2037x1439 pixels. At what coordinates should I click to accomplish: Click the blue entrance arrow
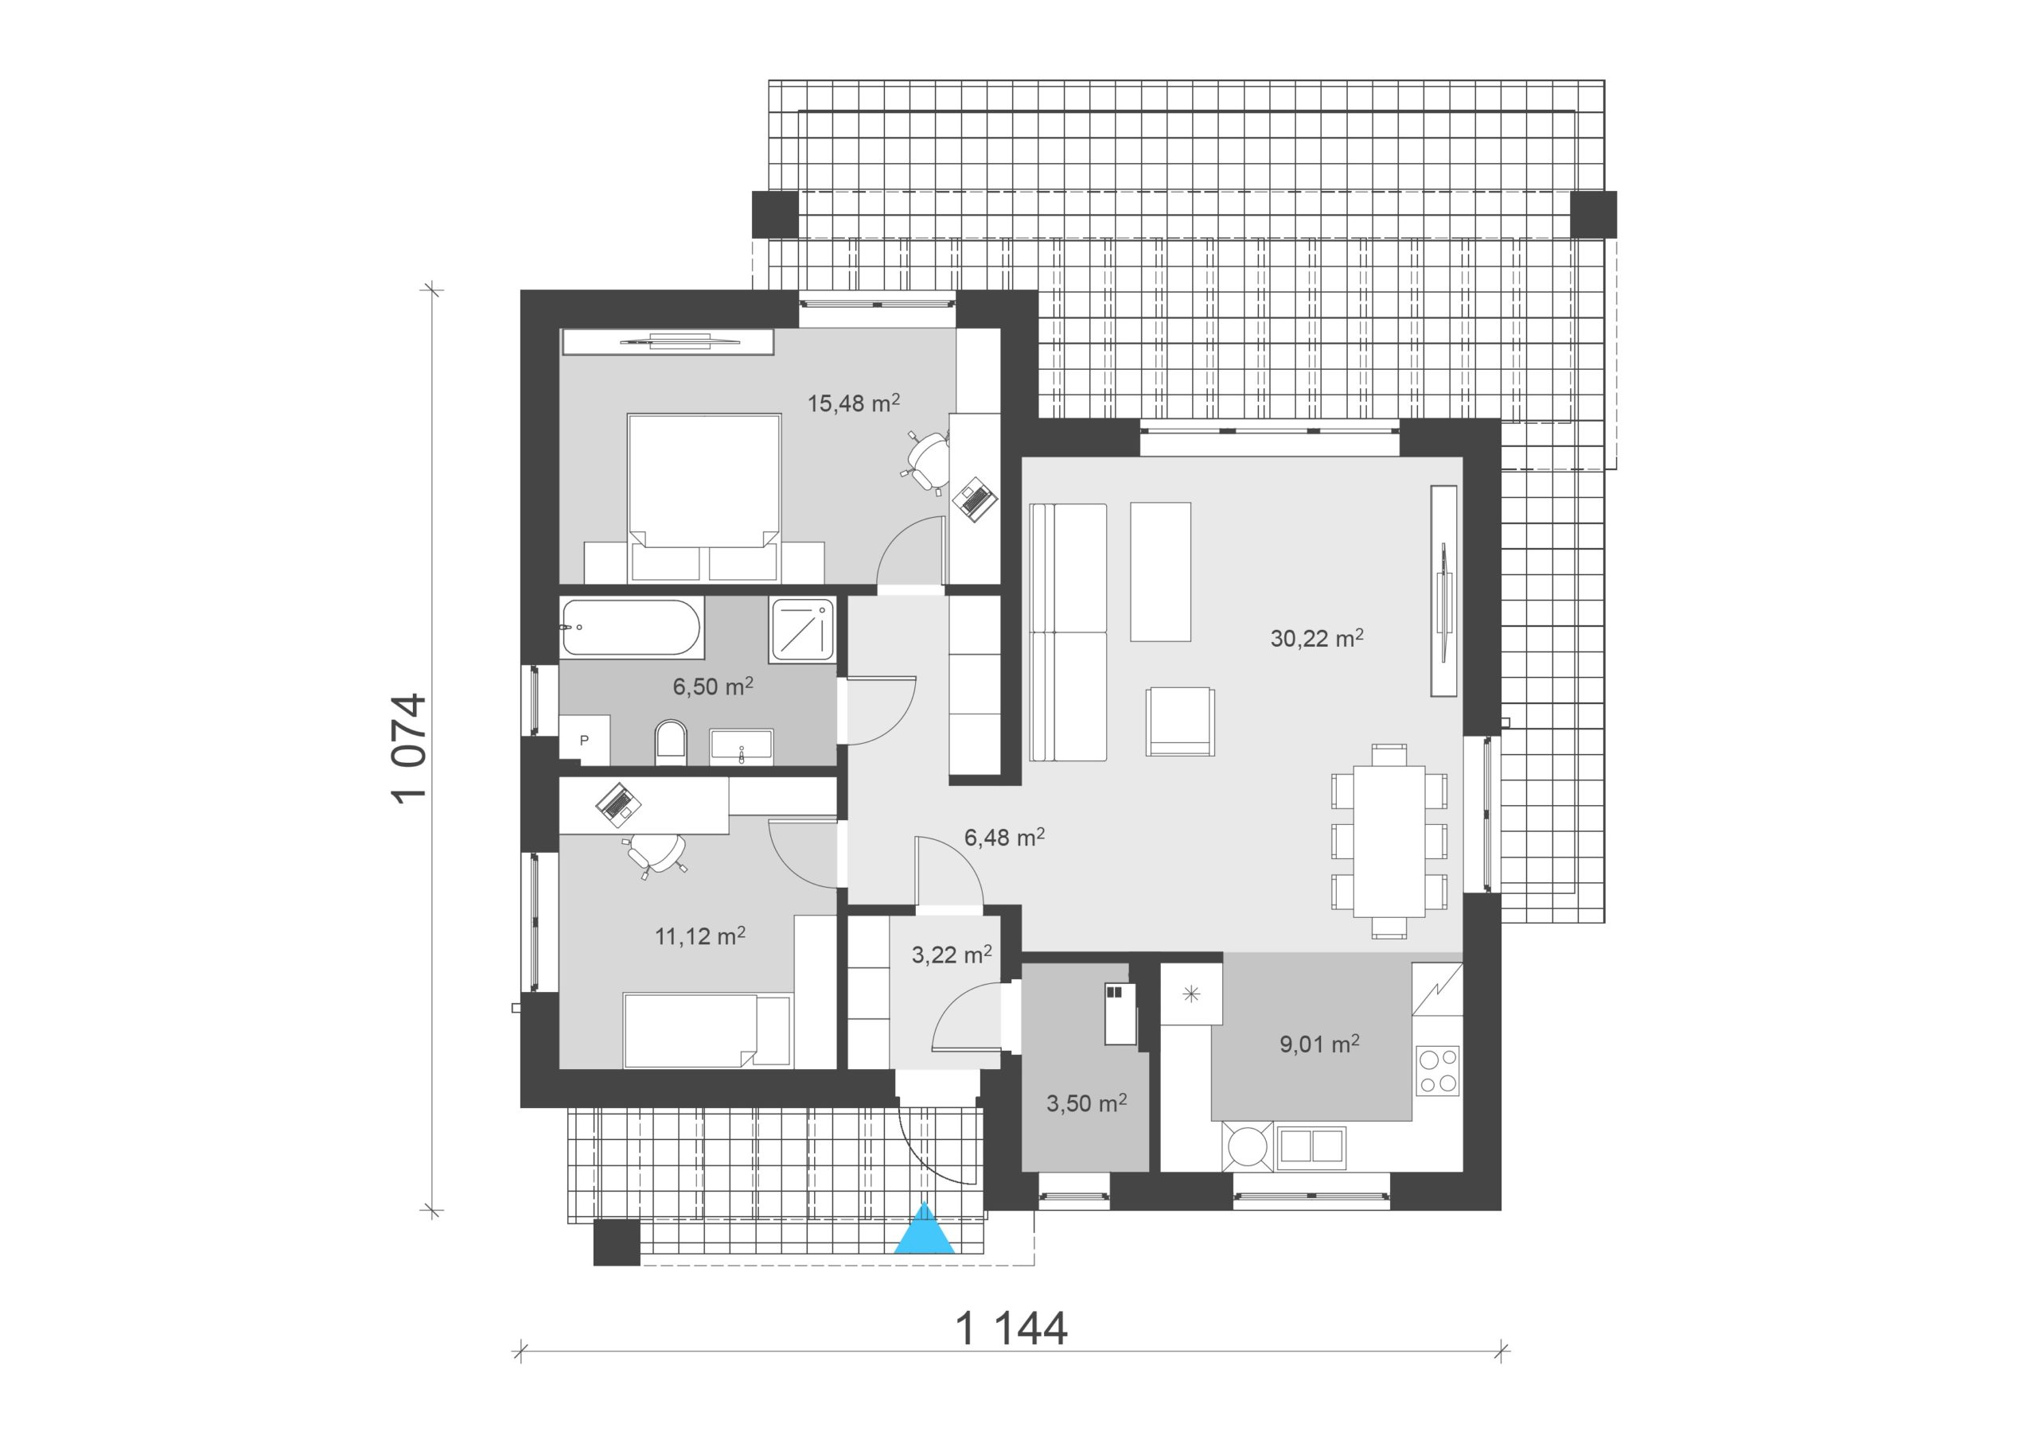[x=925, y=1230]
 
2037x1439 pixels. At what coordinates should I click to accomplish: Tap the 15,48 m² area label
[x=854, y=403]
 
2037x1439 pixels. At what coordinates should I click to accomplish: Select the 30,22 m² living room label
[x=1317, y=638]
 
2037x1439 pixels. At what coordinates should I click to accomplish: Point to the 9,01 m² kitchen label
[x=1319, y=1044]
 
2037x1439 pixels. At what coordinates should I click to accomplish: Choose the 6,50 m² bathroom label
[x=713, y=686]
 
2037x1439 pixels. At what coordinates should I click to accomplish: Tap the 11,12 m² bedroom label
[x=700, y=936]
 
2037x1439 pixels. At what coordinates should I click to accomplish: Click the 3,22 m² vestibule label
[x=952, y=955]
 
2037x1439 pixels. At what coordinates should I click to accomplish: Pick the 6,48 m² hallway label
[x=1004, y=838]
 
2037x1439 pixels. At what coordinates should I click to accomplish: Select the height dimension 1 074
[x=410, y=749]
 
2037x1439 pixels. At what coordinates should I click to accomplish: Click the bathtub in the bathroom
[x=632, y=628]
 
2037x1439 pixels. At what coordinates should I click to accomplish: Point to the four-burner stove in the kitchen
[x=1437, y=1071]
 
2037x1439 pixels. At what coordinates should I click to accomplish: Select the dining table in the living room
[x=1389, y=841]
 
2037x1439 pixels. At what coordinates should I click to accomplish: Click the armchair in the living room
[x=1180, y=721]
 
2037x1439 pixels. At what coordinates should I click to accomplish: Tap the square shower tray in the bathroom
[x=803, y=629]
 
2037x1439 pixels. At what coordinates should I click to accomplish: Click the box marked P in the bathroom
[x=585, y=740]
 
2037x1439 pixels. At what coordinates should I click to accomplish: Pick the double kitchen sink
[x=1311, y=1145]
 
